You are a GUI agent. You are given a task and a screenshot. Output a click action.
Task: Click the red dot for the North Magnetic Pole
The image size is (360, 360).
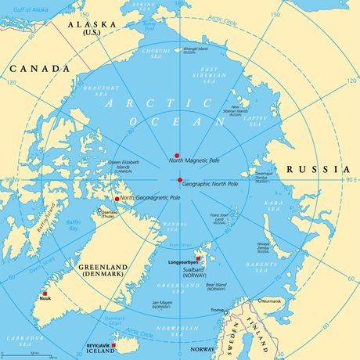point(177,155)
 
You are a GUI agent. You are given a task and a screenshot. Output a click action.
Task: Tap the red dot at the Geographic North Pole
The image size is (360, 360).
point(179,180)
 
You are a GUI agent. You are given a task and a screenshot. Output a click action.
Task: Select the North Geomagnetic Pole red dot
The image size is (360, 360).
point(117,199)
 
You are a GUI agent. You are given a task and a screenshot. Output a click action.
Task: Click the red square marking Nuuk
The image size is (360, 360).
point(45,293)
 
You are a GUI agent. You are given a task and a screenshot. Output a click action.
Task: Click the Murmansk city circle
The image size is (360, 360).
point(261,300)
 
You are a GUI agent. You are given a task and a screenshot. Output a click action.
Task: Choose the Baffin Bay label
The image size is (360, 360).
point(72,225)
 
